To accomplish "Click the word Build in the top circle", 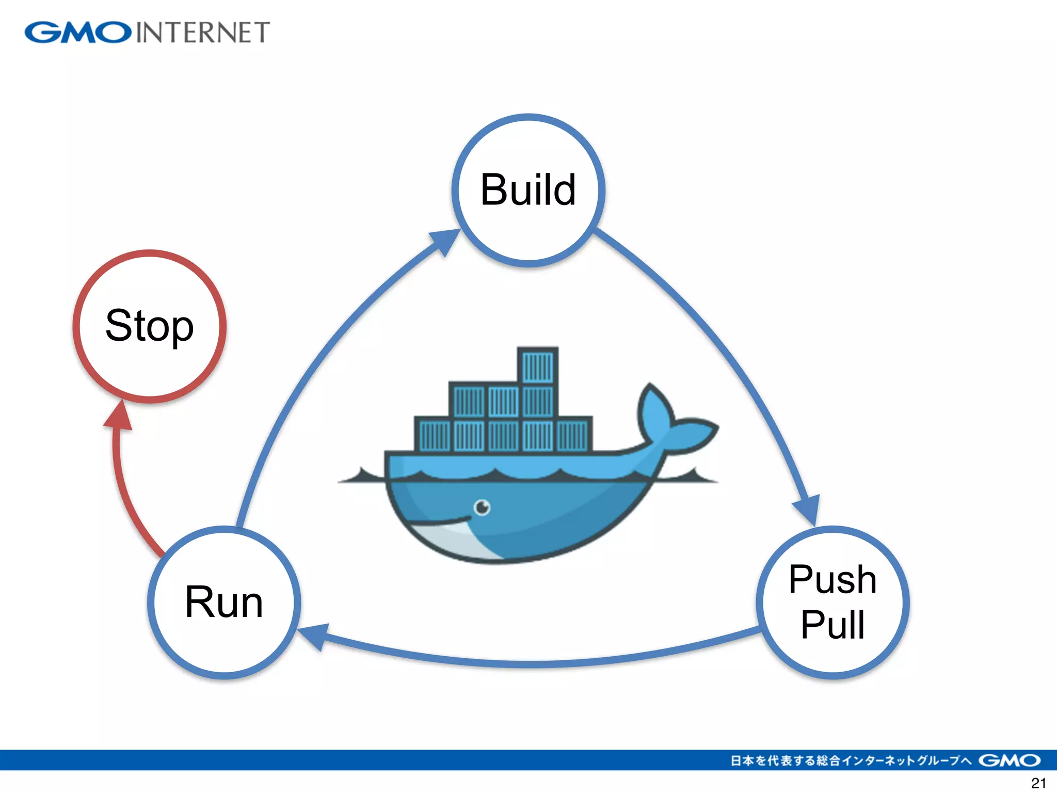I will [x=527, y=190].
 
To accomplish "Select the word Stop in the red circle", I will [x=150, y=326].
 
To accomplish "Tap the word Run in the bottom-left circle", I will [x=224, y=602].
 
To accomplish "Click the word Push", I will [x=832, y=579].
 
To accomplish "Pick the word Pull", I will [x=832, y=625].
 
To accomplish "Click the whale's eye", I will [x=482, y=507].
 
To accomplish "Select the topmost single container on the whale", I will [x=538, y=366].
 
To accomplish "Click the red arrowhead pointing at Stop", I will [x=119, y=416].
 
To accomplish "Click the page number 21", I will [x=1038, y=783].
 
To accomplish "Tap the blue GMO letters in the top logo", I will [x=78, y=33].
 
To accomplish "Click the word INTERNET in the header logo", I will [x=203, y=33].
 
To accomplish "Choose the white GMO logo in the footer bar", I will [x=1009, y=760].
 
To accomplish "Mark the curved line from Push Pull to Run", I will [x=532, y=663].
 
